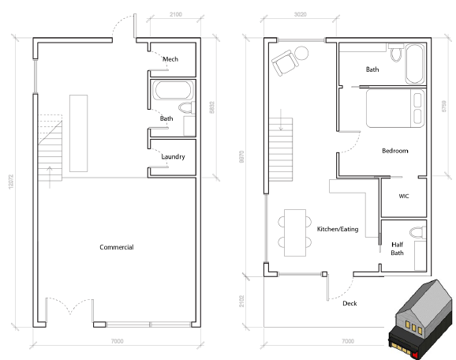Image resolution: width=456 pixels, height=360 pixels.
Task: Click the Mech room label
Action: (x=170, y=59)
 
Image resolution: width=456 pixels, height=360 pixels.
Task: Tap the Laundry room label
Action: (x=173, y=157)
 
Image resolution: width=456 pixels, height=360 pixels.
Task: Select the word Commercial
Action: (x=117, y=247)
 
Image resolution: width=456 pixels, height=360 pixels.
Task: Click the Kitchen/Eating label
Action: (x=338, y=229)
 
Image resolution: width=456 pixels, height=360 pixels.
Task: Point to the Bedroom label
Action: (x=395, y=151)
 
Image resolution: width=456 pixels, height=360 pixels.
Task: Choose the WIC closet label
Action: (x=404, y=196)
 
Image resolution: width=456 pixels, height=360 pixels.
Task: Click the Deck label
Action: (x=349, y=303)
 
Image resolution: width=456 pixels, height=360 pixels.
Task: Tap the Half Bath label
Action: (x=398, y=249)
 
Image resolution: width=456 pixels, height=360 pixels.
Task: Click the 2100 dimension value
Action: (x=176, y=14)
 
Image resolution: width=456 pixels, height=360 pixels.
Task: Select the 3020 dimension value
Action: (x=300, y=14)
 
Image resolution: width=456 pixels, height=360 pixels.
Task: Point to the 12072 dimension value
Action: (x=11, y=182)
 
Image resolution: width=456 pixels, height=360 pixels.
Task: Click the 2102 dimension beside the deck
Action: (x=241, y=301)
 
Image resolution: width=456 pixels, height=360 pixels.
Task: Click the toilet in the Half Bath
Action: (x=418, y=232)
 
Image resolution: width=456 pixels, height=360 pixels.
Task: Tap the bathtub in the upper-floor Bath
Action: (x=415, y=64)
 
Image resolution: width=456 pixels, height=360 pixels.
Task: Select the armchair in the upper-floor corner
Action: (x=285, y=63)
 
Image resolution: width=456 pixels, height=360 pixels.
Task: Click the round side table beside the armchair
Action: (x=301, y=53)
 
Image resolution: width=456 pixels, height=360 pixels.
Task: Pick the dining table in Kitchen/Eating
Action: (x=295, y=233)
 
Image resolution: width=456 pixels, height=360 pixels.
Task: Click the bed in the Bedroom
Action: (x=395, y=108)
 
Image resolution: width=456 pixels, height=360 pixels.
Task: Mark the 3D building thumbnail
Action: (x=421, y=319)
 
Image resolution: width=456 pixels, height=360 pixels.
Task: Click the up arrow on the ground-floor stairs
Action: (x=50, y=177)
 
